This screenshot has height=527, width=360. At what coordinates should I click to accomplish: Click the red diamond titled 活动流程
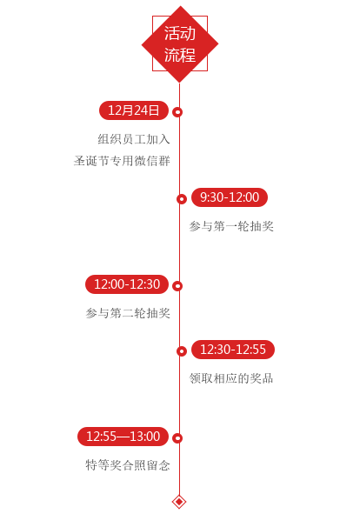click(x=180, y=43)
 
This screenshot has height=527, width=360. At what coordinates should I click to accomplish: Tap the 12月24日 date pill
click(x=133, y=110)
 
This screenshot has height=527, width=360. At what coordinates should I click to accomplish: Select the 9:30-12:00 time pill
click(x=230, y=197)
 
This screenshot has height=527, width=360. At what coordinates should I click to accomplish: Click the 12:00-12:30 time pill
click(x=127, y=284)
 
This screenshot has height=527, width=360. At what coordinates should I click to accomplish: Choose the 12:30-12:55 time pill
click(x=233, y=350)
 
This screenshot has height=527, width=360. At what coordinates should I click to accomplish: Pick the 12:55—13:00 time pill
click(x=123, y=437)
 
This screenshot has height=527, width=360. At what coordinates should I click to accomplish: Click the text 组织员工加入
click(x=134, y=139)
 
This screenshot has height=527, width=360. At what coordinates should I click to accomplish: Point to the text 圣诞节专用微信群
click(x=122, y=161)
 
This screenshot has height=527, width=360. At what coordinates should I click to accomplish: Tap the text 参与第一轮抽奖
click(x=231, y=226)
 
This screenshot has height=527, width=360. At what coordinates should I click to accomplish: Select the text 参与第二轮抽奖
click(x=128, y=313)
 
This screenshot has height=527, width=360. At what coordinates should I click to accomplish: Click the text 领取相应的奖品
click(x=231, y=378)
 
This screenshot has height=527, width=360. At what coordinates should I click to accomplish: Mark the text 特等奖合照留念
click(x=128, y=465)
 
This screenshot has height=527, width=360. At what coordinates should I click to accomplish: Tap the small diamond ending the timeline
click(x=179, y=502)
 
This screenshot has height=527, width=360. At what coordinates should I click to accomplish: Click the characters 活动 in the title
click(x=180, y=33)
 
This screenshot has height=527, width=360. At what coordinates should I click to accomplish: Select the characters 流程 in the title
click(x=180, y=55)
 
